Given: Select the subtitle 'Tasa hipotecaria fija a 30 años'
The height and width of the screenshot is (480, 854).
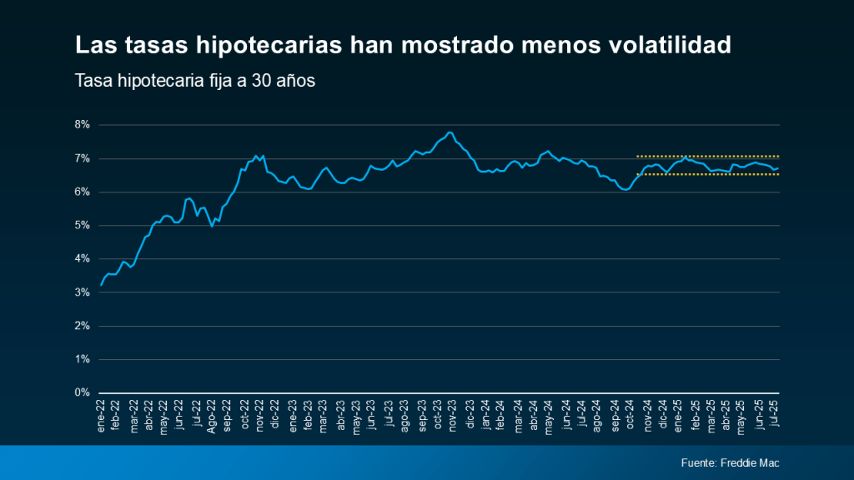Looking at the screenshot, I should (194, 82).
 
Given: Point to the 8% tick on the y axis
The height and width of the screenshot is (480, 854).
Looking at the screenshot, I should (83, 125).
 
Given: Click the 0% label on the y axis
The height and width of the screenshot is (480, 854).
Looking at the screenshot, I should (83, 392).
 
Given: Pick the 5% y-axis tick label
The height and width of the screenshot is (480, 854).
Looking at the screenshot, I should (83, 225).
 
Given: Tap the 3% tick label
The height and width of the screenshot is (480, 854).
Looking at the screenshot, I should (83, 292).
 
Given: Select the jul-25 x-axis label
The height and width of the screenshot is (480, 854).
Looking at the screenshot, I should (777, 414).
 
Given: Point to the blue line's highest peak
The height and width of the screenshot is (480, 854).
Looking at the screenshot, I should (450, 132).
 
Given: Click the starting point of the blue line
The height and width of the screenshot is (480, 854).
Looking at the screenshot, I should (101, 285).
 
